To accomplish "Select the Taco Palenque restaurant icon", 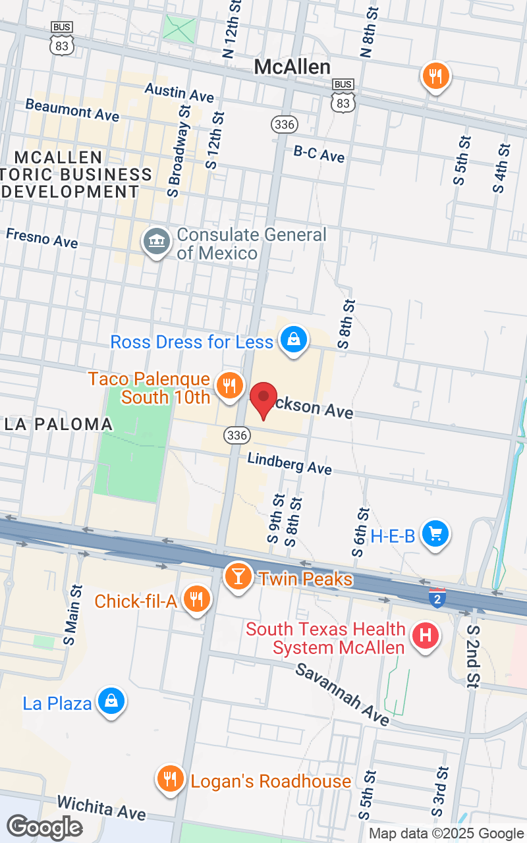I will tap(229, 386).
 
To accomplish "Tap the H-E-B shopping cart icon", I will tap(435, 533).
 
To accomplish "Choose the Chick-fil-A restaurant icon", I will tap(196, 599).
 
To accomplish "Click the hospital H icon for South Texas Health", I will tap(426, 636).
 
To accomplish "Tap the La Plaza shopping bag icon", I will tap(111, 702).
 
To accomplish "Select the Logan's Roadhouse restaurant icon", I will tap(170, 780).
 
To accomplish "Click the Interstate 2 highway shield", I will tap(437, 598).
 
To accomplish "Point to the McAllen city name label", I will tap(292, 67).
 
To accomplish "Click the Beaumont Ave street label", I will tap(72, 110).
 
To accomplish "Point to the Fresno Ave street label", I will tap(42, 238).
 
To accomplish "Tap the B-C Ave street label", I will tap(319, 154).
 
